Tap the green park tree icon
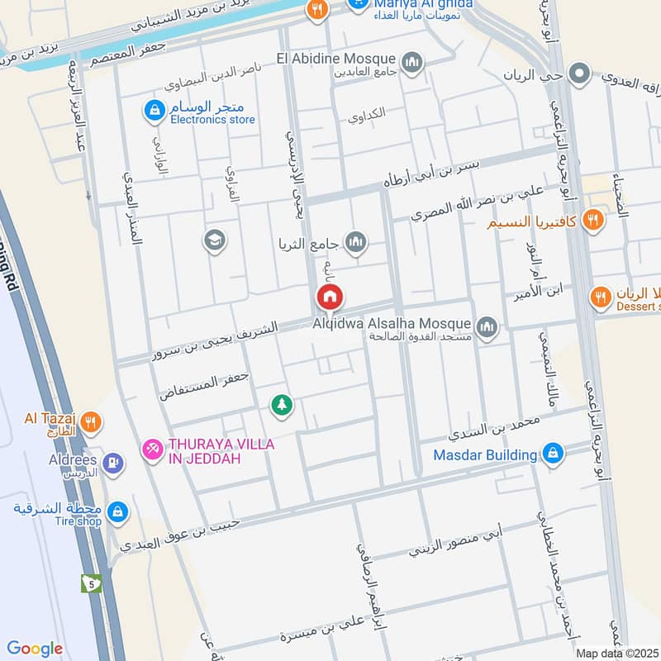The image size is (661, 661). click(282, 405)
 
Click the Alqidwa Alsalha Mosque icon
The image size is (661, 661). click(487, 327)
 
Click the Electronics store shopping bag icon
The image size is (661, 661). click(153, 108)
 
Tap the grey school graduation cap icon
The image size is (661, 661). click(214, 240)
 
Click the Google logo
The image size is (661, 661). click(35, 649)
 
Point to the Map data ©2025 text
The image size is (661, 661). click(616, 653)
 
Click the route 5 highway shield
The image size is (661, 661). click(92, 583)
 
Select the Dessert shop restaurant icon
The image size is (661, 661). click(602, 295)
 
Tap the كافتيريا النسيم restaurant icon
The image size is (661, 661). click(592, 220)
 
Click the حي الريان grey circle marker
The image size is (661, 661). click(581, 74)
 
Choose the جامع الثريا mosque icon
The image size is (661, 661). click(356, 242)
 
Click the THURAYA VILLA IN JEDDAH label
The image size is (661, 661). click(210, 451)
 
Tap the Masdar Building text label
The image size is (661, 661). click(486, 454)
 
